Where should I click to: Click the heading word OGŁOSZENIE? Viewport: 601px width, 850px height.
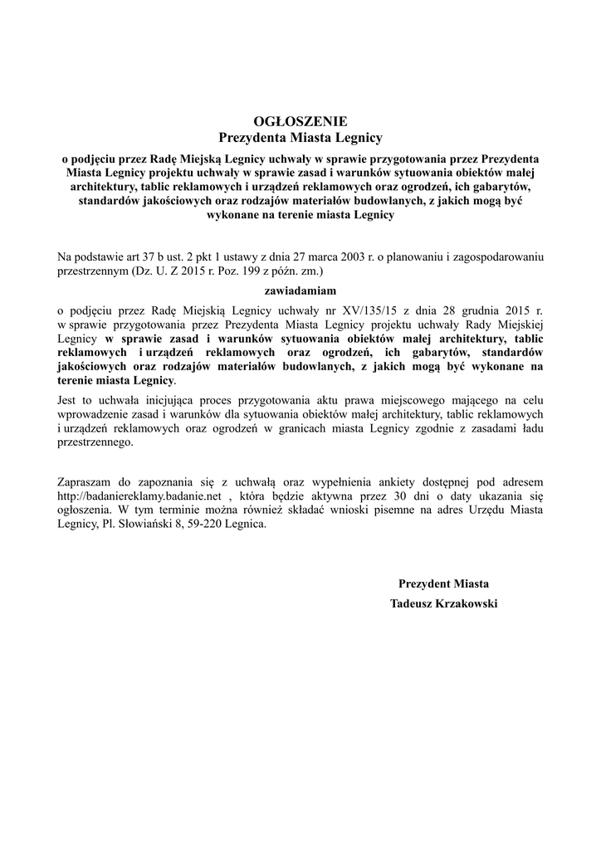(300, 120)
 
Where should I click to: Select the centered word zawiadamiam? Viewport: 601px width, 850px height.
(300, 291)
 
